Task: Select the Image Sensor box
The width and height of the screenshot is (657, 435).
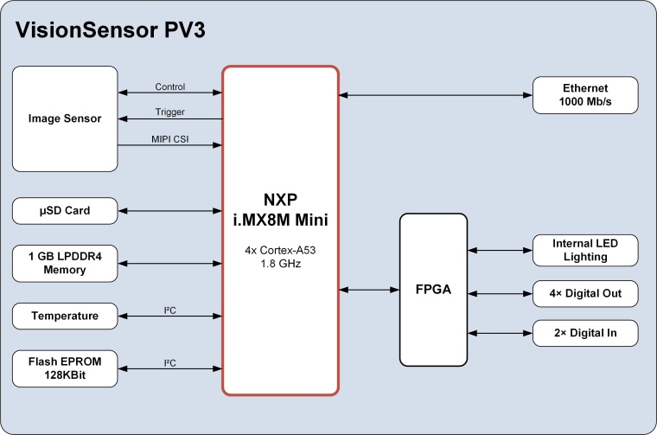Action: [x=65, y=118]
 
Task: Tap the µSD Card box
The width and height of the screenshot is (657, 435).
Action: [x=65, y=210]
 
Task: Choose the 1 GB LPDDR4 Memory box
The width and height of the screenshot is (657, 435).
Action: [x=65, y=263]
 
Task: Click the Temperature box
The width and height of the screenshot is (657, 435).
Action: [x=65, y=317]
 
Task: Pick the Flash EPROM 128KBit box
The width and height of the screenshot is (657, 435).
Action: [x=65, y=369]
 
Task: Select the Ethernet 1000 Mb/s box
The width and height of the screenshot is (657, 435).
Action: [x=585, y=94]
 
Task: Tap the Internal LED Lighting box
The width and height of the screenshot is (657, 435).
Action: [x=585, y=250]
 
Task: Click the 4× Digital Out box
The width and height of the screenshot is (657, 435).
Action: [x=585, y=294]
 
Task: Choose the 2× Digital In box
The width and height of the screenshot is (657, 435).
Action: [x=585, y=332]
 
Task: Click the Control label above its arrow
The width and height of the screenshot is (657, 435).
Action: [x=170, y=86]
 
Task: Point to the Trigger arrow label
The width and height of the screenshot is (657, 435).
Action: [x=170, y=112]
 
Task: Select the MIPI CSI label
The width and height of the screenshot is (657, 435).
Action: [x=170, y=138]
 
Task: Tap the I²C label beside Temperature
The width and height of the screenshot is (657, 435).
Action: [x=170, y=310]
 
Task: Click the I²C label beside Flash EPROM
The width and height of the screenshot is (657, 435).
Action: [x=170, y=363]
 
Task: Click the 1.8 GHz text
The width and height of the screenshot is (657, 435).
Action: [x=280, y=264]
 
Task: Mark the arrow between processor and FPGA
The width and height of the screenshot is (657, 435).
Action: [x=369, y=290]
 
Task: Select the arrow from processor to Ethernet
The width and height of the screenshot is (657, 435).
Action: [x=436, y=94]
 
